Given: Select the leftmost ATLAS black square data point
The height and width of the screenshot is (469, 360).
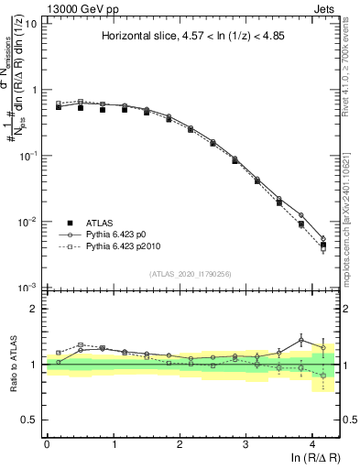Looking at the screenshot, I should [59, 107].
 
